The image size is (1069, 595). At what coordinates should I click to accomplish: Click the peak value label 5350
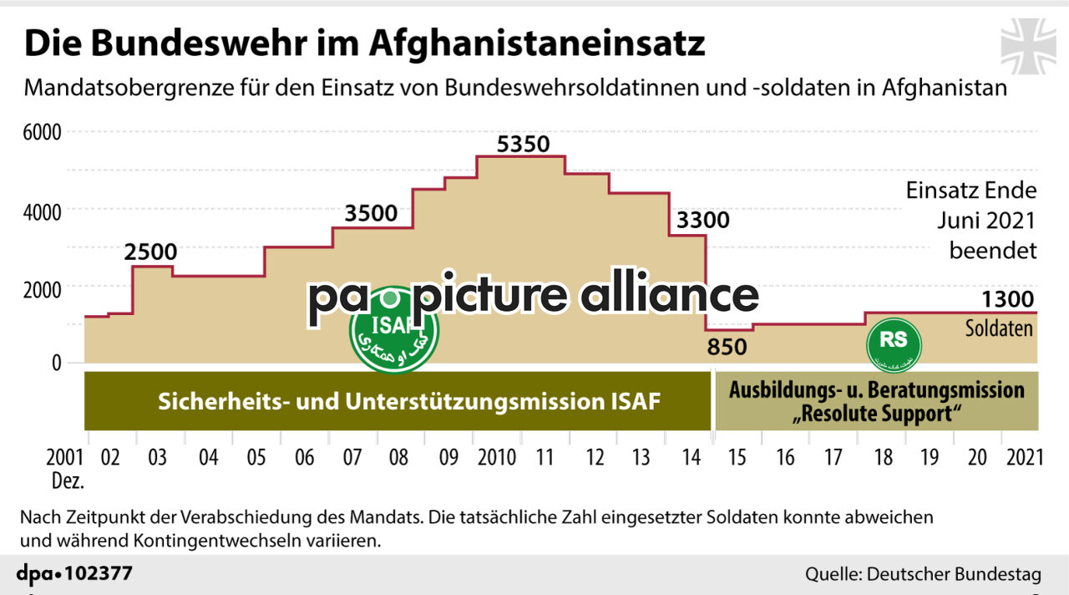pos(523,145)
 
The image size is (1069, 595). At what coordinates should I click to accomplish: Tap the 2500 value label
pos(151,252)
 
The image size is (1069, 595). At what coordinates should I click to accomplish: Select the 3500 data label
pos(371,213)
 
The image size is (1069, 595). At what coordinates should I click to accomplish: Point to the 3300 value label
pos(702,221)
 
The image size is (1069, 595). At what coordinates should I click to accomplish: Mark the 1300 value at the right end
pos(1008,299)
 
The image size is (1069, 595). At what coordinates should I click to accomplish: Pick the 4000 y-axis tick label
pos(42,211)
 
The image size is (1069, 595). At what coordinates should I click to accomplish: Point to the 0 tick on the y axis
pos(56,364)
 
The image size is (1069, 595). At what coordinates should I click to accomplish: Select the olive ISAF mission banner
pos(397,402)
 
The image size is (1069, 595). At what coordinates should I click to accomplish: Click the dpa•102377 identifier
pos(74,574)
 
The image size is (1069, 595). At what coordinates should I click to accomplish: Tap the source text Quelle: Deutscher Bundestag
pos(923,574)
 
